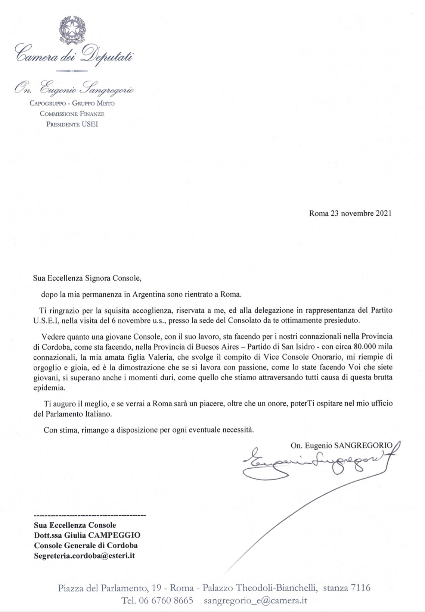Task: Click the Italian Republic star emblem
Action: coord(72,29)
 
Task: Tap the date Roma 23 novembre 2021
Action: coord(350,213)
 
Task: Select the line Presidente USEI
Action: coord(72,124)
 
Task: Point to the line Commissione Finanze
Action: coord(72,114)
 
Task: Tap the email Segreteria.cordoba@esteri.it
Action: coord(84,556)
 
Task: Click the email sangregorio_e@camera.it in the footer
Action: coord(255,601)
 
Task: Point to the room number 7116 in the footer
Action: coord(360,588)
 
